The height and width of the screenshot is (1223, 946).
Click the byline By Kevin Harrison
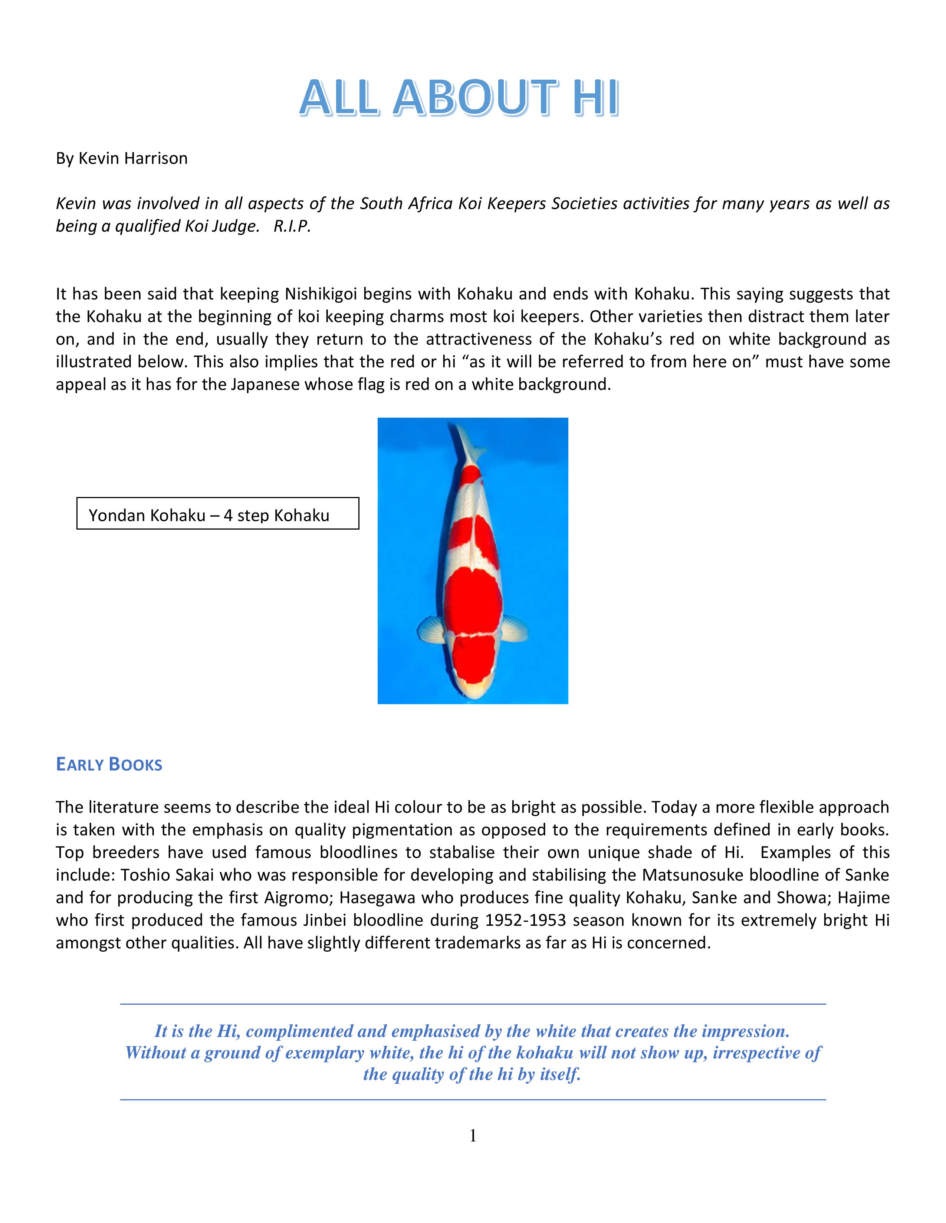(x=122, y=159)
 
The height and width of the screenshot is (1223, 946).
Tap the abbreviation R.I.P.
(x=292, y=226)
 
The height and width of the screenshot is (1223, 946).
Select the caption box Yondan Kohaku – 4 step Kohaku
(x=217, y=514)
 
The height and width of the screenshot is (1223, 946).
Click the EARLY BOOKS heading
(x=109, y=764)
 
